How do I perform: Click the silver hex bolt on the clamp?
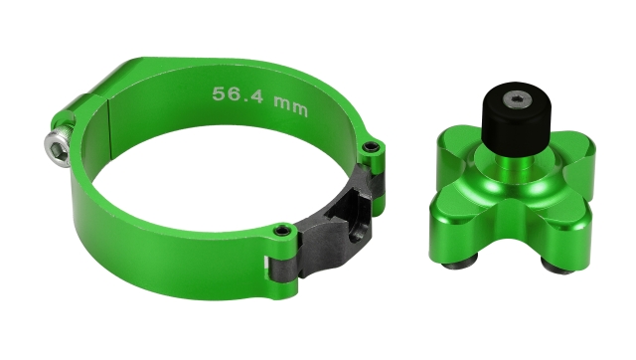tap(59, 149)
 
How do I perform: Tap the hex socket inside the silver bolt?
tap(55, 150)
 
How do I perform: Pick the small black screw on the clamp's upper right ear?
tap(371, 148)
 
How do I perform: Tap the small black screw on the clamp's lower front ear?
tap(282, 232)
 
